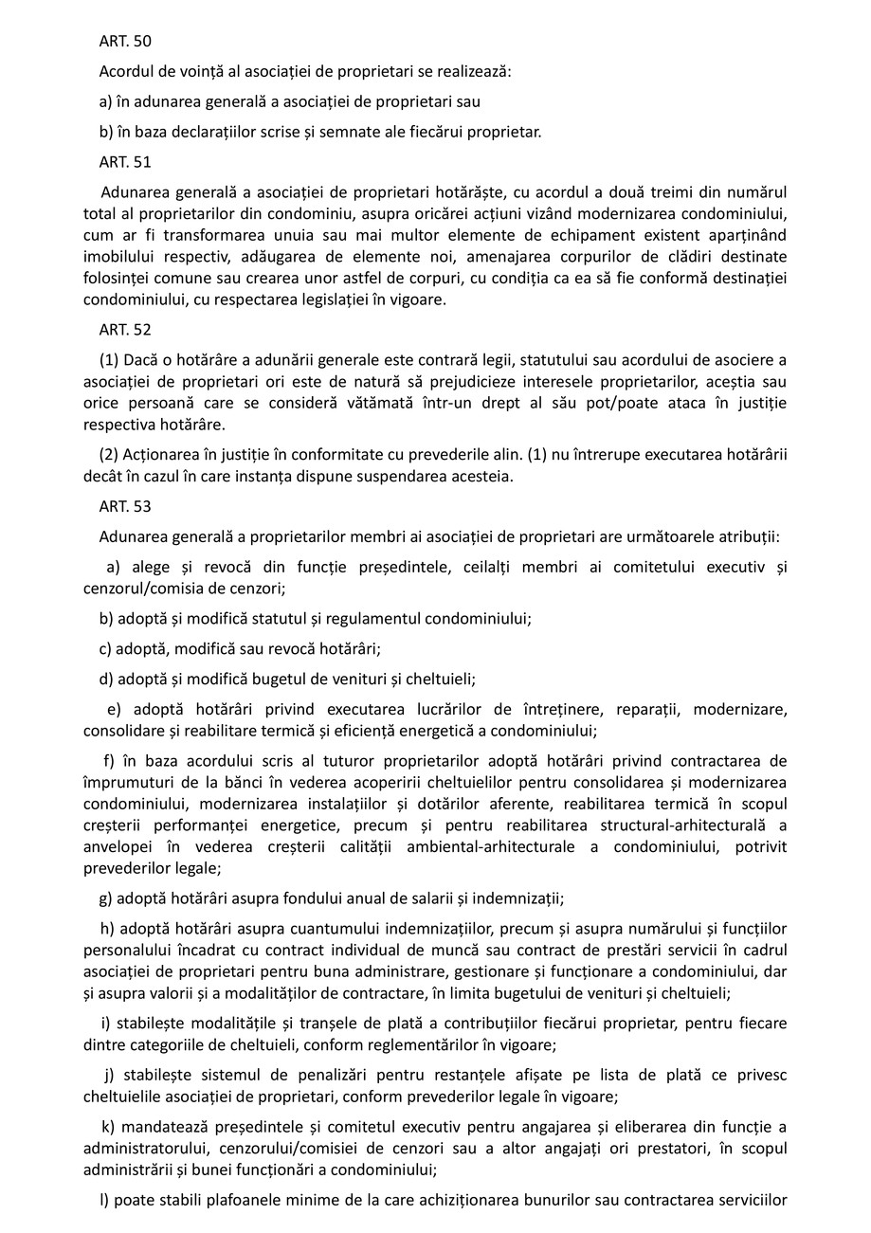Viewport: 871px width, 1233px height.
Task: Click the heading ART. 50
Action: [x=125, y=41]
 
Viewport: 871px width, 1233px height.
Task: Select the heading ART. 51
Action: [x=125, y=162]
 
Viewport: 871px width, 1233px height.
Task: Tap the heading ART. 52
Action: [x=125, y=330]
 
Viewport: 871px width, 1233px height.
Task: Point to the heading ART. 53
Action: [x=125, y=507]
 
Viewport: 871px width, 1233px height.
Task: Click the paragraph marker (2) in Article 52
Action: [x=109, y=454]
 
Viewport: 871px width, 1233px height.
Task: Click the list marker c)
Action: [x=106, y=649]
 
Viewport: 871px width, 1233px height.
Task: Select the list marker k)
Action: [x=108, y=1126]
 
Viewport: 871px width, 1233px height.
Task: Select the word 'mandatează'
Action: [x=162, y=1126]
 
